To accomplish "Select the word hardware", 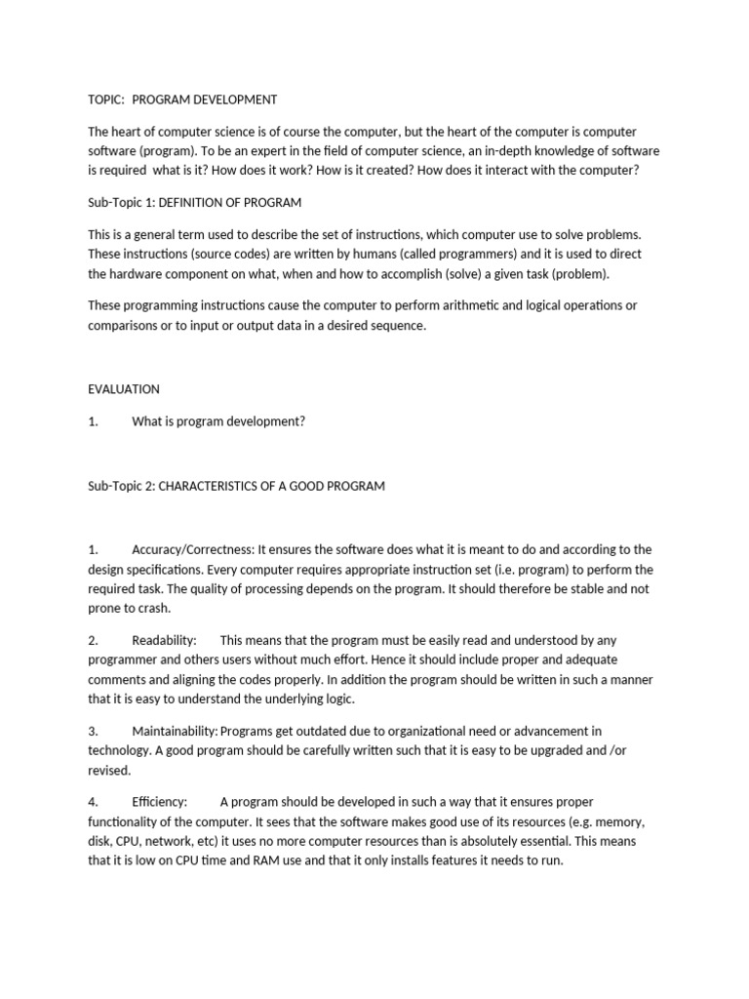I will [138, 273].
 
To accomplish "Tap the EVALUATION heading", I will [124, 388].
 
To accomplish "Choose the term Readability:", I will [164, 640].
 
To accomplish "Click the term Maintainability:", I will [176, 731].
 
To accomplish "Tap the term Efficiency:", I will [159, 802].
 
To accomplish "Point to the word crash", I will [152, 608].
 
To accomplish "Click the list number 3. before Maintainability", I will [93, 731].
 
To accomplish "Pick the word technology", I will [120, 750].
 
